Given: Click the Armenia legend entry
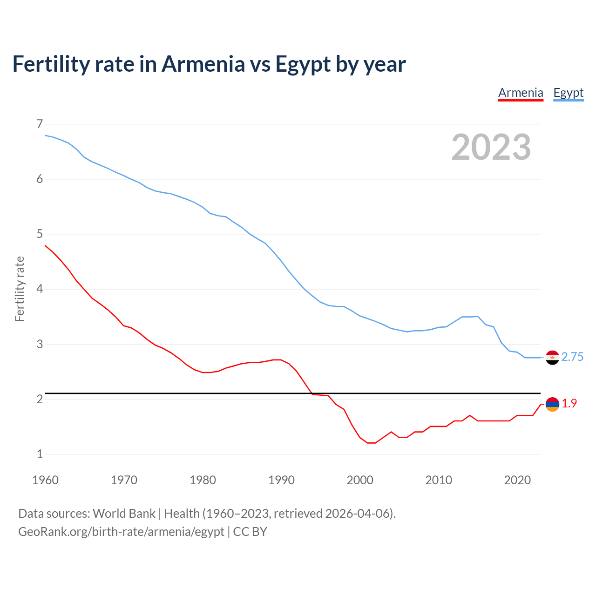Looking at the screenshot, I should (x=521, y=93).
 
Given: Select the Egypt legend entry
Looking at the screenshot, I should (x=568, y=93).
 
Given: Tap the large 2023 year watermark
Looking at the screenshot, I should (x=491, y=147).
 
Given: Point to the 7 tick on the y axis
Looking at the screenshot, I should (x=40, y=124).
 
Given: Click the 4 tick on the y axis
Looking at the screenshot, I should (x=40, y=289).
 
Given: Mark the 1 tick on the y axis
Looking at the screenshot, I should (x=40, y=454).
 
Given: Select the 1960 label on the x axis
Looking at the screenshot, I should (x=45, y=480).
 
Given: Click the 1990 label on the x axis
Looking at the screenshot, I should (x=281, y=480).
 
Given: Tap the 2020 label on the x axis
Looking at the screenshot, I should (x=517, y=480).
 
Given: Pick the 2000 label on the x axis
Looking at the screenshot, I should (x=360, y=480).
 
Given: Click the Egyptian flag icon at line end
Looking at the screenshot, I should (x=552, y=358).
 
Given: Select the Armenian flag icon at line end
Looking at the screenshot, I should (x=552, y=404).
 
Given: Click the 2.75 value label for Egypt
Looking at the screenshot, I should (x=572, y=357).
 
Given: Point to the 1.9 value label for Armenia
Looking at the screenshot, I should (x=569, y=404).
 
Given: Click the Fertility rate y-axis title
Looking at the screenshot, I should (x=20, y=289).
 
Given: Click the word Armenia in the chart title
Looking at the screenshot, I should (x=203, y=64).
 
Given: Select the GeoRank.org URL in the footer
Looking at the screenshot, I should (x=121, y=532).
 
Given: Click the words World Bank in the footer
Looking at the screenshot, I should (x=124, y=514).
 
